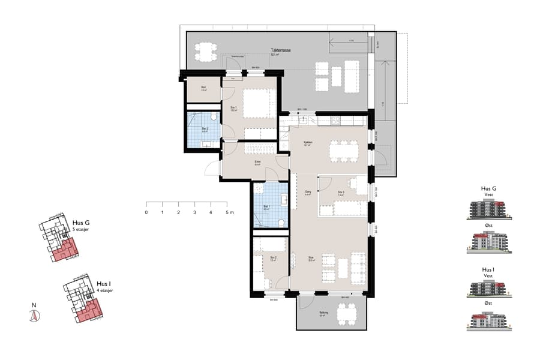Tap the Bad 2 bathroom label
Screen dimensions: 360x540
(205, 129)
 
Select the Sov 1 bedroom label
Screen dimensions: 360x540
(233, 109)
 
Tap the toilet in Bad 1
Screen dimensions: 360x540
(281, 221)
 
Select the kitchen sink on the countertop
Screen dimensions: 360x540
(304, 120)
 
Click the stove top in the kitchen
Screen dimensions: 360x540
(343, 121)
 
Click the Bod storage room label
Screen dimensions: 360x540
(204, 89)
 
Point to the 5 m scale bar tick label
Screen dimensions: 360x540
(228, 212)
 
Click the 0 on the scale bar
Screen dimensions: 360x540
(146, 212)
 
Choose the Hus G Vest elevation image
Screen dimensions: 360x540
(489, 209)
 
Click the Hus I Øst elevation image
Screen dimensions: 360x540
(489, 321)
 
